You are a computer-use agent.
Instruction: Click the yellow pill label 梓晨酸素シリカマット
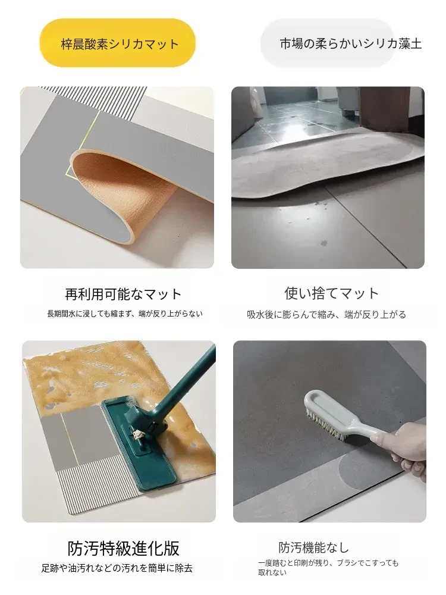pos(118,43)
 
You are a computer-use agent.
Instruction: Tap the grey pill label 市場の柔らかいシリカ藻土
pos(328,43)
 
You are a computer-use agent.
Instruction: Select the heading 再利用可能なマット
pos(124,294)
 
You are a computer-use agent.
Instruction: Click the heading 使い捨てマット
pos(332,293)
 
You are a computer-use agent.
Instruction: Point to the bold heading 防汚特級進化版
pos(124,548)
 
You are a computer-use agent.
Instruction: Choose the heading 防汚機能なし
pos(313,547)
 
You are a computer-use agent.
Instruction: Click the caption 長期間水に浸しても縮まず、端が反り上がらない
pos(125,314)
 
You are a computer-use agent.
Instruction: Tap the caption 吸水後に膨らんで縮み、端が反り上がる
pos(326,315)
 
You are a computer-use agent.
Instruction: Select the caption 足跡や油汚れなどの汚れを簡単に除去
pos(117,568)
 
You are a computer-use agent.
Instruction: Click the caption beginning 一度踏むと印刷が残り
pos(328,568)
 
